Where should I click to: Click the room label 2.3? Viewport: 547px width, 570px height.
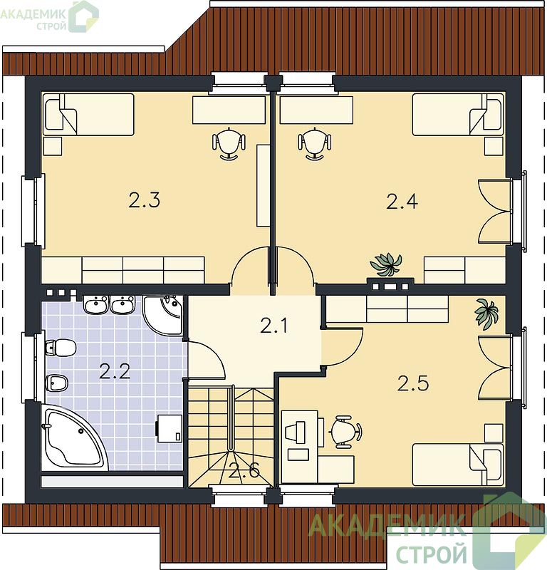pyautogui.click(x=145, y=200)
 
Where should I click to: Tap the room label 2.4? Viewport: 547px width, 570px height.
pyautogui.click(x=402, y=202)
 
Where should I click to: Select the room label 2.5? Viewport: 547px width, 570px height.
pyautogui.click(x=413, y=383)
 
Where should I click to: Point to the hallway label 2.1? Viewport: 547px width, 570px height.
pyautogui.click(x=274, y=325)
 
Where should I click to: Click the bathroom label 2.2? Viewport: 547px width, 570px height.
pyautogui.click(x=115, y=371)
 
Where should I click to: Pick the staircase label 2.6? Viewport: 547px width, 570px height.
pyautogui.click(x=244, y=471)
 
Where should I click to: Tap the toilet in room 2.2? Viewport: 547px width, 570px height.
pyautogui.click(x=61, y=348)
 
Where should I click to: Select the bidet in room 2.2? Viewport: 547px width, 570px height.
pyautogui.click(x=57, y=383)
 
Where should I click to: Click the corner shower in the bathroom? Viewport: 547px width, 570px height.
pyautogui.click(x=163, y=315)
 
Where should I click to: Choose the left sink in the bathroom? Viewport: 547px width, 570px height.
pyautogui.click(x=96, y=305)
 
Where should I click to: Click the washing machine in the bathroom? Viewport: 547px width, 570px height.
pyautogui.click(x=170, y=429)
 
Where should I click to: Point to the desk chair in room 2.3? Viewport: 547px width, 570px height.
pyautogui.click(x=229, y=143)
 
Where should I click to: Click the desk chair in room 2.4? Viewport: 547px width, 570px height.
pyautogui.click(x=315, y=143)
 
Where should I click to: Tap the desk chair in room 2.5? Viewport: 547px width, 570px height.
pyautogui.click(x=345, y=431)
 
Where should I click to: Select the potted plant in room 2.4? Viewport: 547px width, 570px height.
pyautogui.click(x=386, y=264)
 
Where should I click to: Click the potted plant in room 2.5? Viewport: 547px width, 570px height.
pyautogui.click(x=486, y=313)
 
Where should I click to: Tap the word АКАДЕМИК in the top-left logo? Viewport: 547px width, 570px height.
pyautogui.click(x=33, y=14)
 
